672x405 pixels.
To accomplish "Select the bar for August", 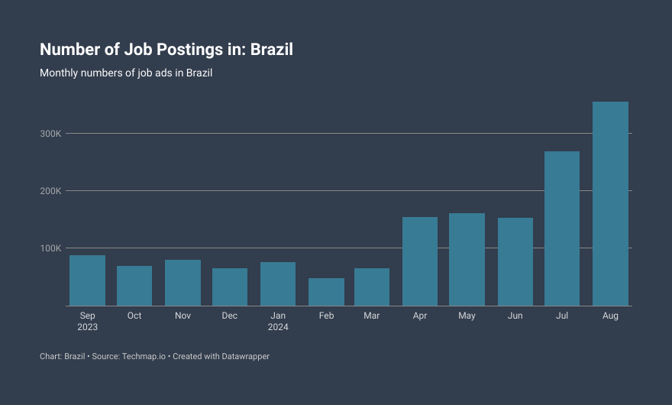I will point(610,204).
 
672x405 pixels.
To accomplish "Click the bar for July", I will point(562,228).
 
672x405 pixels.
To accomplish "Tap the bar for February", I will point(326,292).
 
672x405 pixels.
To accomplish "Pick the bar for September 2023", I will point(87,280).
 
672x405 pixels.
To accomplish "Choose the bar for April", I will point(420,261).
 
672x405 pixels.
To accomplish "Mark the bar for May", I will point(467,259).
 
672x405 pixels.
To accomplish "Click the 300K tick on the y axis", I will point(50,134).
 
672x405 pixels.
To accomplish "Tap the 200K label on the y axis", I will point(50,191).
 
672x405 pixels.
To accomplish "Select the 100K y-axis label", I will point(50,248).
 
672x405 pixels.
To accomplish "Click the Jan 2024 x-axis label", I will point(278,321).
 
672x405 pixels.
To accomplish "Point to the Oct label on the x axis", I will point(134,316).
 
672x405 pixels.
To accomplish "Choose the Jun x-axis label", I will point(515,316).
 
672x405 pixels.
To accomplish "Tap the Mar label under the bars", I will point(372,316).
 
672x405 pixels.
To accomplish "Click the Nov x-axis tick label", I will point(183,316).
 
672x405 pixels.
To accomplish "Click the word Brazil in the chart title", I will point(272,50).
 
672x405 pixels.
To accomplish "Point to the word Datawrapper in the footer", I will point(246,357).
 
